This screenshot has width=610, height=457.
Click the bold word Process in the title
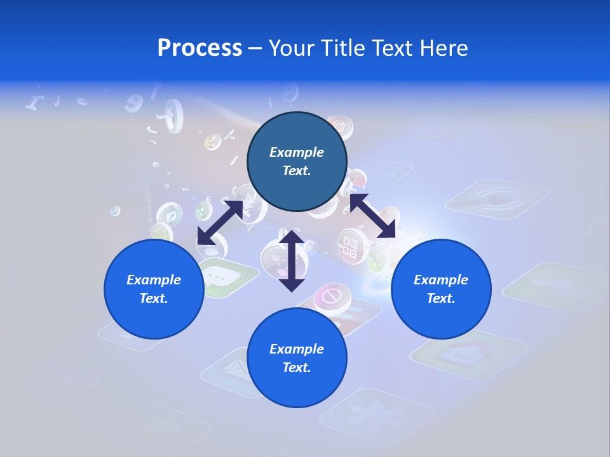(200, 48)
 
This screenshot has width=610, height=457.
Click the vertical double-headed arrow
(292, 261)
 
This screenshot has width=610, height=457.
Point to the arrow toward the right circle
(372, 216)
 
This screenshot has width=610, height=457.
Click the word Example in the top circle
(297, 152)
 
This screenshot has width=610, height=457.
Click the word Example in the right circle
(441, 280)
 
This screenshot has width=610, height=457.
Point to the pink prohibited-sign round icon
(330, 296)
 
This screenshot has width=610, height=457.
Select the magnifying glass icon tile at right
(496, 197)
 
